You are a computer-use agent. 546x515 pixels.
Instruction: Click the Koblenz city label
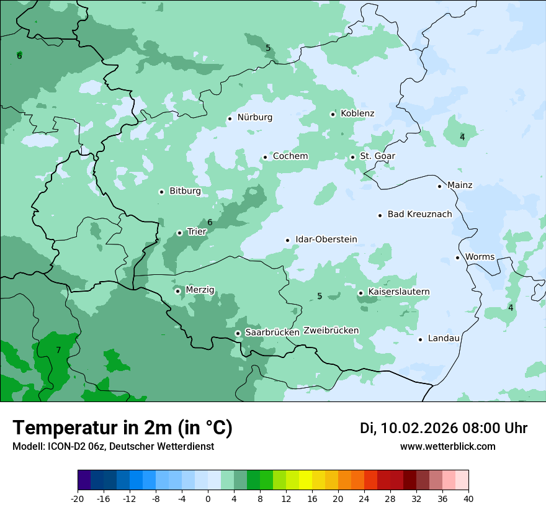tap(357, 114)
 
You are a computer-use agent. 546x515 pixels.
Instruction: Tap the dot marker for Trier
tap(179, 233)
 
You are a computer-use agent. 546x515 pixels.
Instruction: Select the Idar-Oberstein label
tap(326, 240)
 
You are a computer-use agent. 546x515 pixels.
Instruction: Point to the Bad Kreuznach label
tap(419, 214)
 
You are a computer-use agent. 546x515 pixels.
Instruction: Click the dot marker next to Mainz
tap(439, 186)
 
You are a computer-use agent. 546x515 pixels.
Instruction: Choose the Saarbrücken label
tap(272, 333)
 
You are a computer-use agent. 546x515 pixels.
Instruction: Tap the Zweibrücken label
tap(331, 331)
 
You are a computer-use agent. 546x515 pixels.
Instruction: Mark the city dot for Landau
tap(420, 339)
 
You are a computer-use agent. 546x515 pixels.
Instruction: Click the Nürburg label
tap(254, 117)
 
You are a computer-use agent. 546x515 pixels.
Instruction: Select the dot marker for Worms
tap(457, 257)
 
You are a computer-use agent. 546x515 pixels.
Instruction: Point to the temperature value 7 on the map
tap(58, 350)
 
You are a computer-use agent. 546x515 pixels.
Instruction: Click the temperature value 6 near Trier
tap(210, 222)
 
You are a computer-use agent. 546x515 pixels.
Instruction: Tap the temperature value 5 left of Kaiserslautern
tap(320, 296)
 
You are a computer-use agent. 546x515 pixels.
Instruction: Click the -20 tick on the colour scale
tap(78, 499)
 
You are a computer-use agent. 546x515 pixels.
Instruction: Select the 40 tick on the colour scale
tap(468, 499)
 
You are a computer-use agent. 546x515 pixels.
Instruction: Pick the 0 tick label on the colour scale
tap(208, 499)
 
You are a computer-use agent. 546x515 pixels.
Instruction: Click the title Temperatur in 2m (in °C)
tap(122, 428)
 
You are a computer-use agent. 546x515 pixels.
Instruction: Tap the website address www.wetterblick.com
tap(447, 446)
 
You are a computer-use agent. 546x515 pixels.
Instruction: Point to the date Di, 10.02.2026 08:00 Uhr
tap(444, 428)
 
